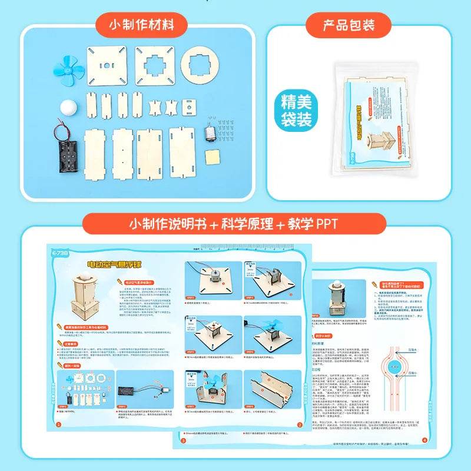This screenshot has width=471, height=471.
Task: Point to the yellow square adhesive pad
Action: point(210,158)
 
